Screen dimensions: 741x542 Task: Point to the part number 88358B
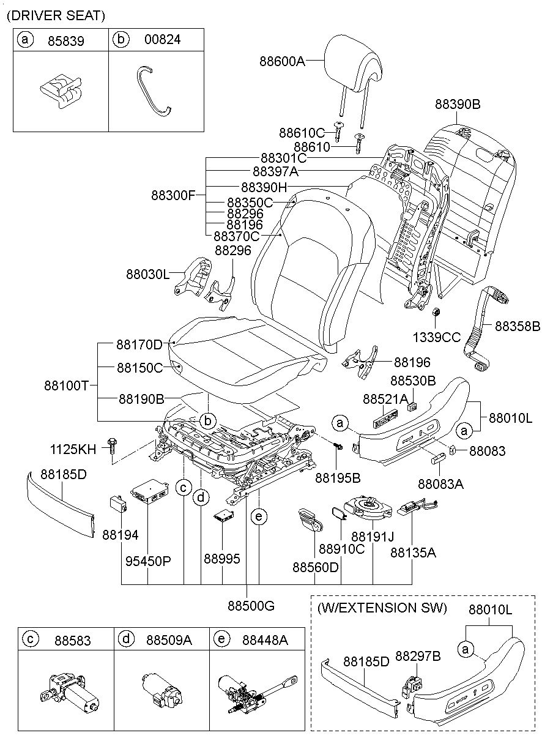(518, 327)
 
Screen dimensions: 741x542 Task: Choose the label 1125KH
(73, 449)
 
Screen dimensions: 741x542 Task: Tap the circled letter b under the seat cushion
(207, 421)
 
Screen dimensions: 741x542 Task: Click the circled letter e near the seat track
(259, 517)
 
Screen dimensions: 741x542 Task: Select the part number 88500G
(251, 606)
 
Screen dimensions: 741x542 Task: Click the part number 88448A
(265, 640)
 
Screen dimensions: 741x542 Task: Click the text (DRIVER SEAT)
(56, 15)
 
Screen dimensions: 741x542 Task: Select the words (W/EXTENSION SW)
(382, 608)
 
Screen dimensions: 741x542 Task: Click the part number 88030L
(147, 275)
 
